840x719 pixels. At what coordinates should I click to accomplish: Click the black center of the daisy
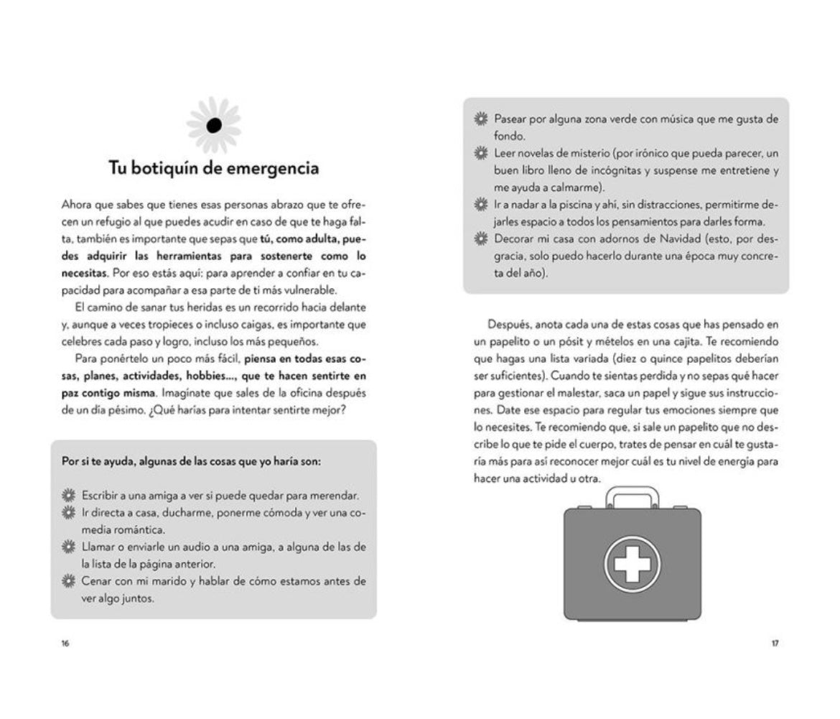point(213,125)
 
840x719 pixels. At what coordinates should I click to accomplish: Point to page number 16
point(65,643)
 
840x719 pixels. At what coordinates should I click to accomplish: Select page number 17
point(775,643)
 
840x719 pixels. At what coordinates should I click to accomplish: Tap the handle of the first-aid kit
point(632,496)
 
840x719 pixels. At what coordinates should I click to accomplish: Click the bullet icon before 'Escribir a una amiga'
point(69,496)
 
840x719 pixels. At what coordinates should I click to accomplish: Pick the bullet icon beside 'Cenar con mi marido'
point(69,580)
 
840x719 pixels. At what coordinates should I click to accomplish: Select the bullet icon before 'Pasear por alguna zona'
point(481,119)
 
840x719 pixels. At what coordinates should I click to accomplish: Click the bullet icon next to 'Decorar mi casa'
point(481,238)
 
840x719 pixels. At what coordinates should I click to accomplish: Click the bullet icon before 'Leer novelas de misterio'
point(481,154)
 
